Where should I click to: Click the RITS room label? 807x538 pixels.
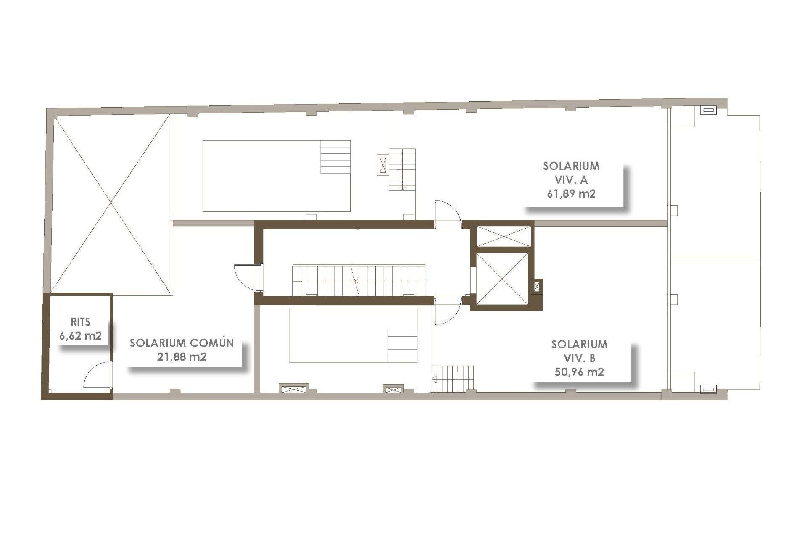[x=80, y=322]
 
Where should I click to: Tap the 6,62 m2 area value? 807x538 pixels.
[x=80, y=336]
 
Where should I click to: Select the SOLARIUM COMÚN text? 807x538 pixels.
[x=182, y=343]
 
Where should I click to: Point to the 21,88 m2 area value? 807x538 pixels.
[x=182, y=357]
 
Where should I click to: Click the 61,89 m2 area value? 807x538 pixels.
[x=571, y=193]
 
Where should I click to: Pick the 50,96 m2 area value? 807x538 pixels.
[x=579, y=372]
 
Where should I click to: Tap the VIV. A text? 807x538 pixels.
[x=571, y=179]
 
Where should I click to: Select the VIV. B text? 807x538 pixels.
[x=579, y=358]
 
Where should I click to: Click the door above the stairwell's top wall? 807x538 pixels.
[x=447, y=214]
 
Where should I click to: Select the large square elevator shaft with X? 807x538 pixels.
[x=502, y=279]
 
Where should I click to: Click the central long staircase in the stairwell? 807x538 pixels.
[x=359, y=280]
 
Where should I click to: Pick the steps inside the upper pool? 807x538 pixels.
[x=335, y=157]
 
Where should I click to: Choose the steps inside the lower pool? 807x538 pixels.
[x=402, y=346]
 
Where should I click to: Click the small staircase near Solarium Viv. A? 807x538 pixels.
[x=402, y=169]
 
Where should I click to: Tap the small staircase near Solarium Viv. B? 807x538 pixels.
[x=453, y=379]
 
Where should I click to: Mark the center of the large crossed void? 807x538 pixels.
[x=111, y=204]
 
